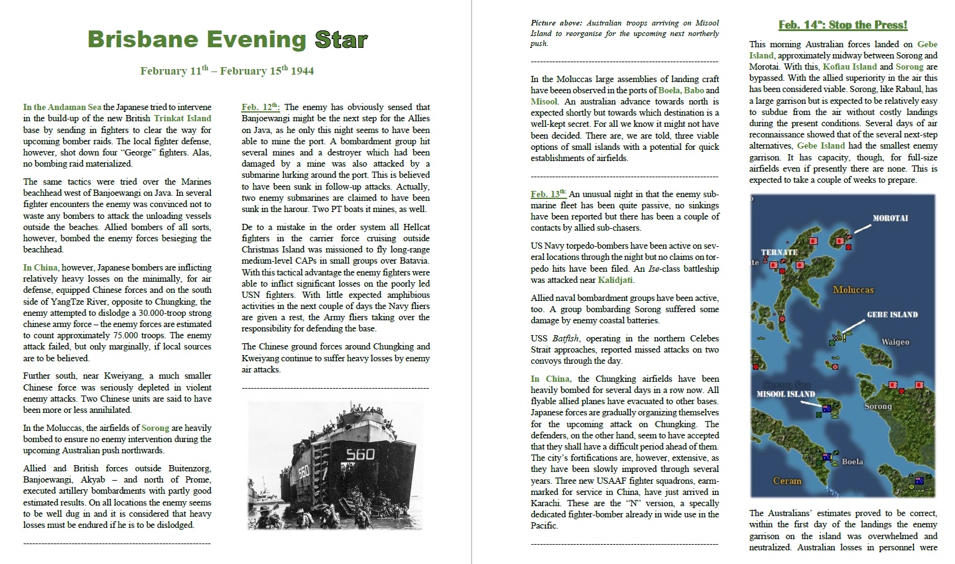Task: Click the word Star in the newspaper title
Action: click(341, 39)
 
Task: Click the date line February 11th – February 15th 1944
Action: click(227, 71)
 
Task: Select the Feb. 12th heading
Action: click(260, 107)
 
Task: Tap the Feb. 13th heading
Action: click(549, 194)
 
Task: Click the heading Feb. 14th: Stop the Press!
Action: click(843, 25)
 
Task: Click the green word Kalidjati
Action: click(615, 280)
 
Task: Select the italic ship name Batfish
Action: click(565, 338)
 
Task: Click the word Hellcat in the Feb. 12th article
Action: click(414, 227)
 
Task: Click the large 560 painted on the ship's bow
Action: click(360, 454)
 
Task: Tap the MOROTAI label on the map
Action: click(890, 218)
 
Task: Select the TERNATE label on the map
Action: click(779, 252)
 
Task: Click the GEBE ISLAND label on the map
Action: click(892, 315)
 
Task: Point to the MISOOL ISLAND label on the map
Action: click(785, 394)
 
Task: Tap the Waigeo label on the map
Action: click(895, 342)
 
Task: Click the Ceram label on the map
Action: click(787, 481)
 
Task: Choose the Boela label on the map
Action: click(852, 462)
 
